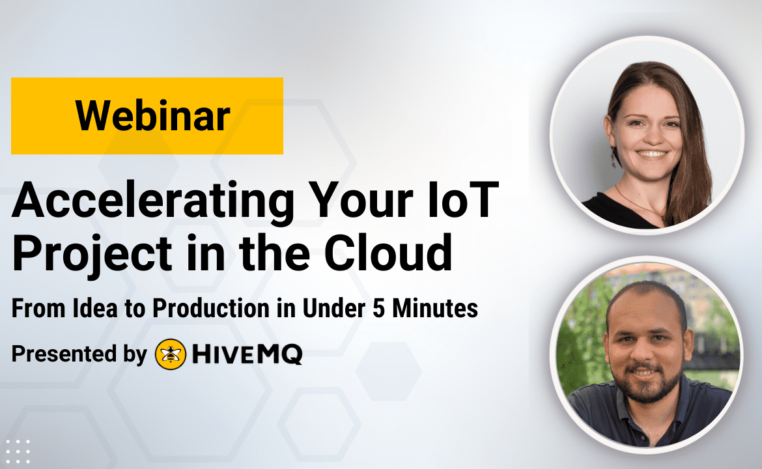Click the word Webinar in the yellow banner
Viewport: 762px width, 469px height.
click(x=152, y=116)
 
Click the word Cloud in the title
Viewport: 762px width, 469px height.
click(x=388, y=253)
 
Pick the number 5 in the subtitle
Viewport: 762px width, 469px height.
click(x=379, y=308)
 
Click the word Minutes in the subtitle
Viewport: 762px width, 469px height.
click(x=436, y=308)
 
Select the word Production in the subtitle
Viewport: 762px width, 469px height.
click(x=211, y=308)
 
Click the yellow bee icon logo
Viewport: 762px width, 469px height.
click(x=171, y=354)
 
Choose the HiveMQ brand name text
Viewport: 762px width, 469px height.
click(x=247, y=354)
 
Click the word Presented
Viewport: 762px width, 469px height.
click(x=64, y=353)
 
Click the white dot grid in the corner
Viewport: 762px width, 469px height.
click(x=18, y=451)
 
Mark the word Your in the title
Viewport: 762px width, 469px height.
click(x=361, y=200)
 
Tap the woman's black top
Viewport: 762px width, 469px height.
click(x=617, y=212)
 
